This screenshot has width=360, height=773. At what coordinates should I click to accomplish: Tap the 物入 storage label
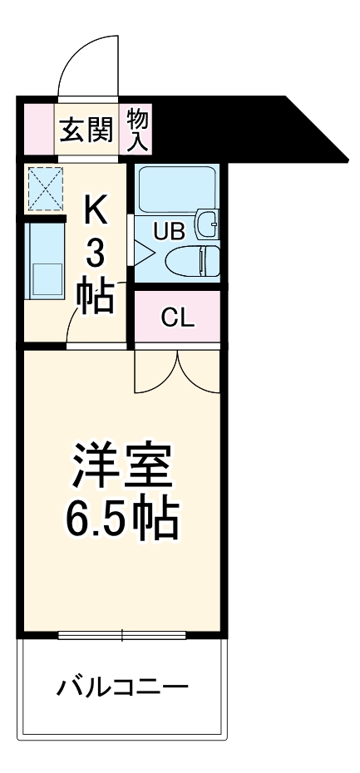click(x=137, y=128)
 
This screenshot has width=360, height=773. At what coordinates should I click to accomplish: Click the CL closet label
click(x=177, y=317)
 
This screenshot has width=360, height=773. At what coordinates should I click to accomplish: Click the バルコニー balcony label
click(x=122, y=688)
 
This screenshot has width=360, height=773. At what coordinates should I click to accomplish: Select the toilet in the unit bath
click(x=195, y=261)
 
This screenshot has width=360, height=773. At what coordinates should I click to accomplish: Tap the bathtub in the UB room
click(x=175, y=189)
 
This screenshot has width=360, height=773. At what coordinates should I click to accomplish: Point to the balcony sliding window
click(x=122, y=636)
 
